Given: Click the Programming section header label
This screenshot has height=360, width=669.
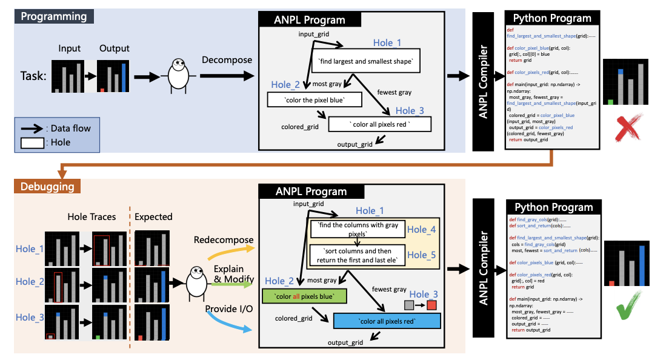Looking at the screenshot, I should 53,16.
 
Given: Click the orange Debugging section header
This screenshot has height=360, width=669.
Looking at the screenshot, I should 48,187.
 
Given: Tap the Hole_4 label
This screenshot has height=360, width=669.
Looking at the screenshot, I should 421,229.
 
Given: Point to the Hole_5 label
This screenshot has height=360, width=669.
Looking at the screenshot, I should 421,255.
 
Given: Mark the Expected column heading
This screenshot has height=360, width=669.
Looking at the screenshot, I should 153,216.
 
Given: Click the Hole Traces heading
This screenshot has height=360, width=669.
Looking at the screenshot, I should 90,216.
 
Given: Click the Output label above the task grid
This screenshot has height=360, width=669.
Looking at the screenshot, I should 115,48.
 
